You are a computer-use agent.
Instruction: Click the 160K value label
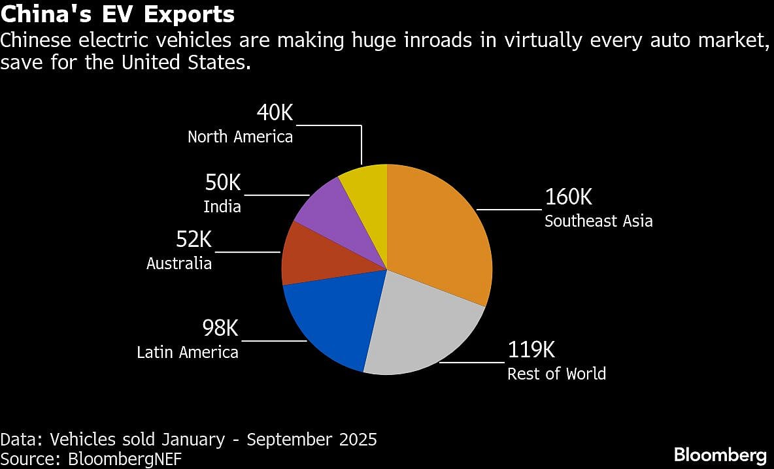click(x=568, y=197)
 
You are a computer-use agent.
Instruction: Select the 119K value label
click(x=531, y=350)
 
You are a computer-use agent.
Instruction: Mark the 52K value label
click(x=193, y=240)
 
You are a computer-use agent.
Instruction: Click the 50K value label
click(x=222, y=184)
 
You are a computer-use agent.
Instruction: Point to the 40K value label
click(x=275, y=113)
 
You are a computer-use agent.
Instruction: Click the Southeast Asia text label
click(x=598, y=221)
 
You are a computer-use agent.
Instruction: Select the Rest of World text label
click(x=556, y=374)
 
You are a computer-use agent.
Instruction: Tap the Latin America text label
click(x=188, y=352)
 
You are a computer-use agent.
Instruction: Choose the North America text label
click(x=240, y=137)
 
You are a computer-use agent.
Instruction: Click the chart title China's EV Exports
click(x=118, y=14)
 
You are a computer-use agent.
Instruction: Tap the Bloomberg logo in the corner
click(x=720, y=455)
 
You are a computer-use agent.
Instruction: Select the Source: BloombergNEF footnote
click(x=91, y=459)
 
